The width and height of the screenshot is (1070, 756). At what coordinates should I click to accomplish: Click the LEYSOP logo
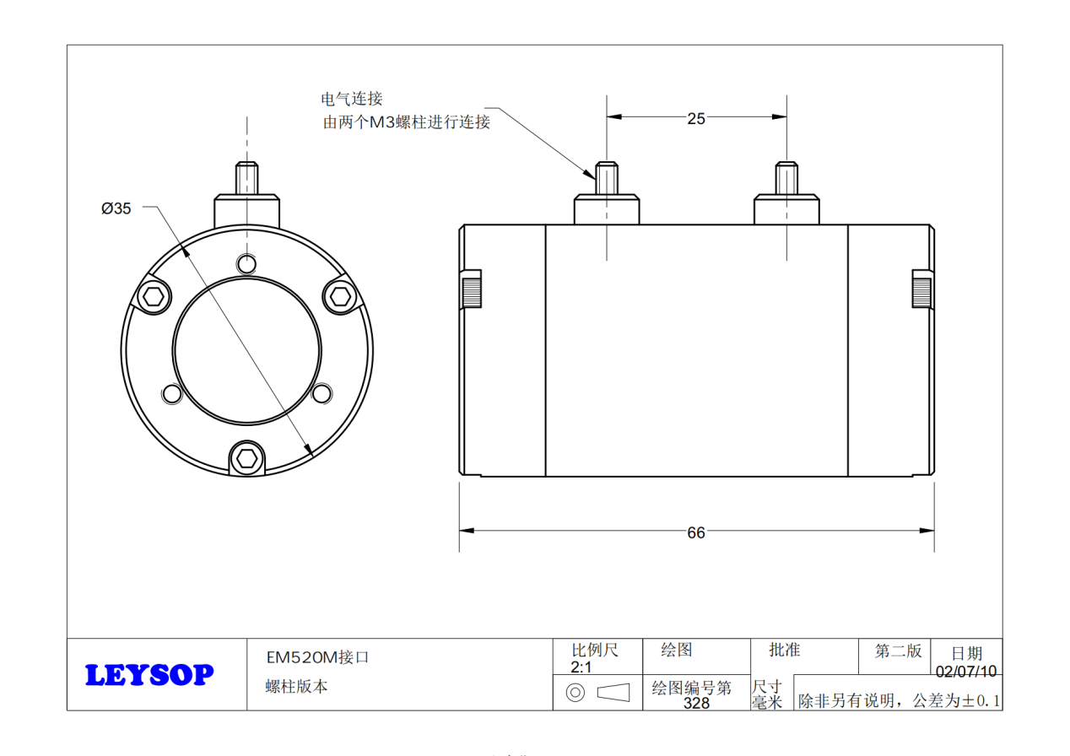coord(149,675)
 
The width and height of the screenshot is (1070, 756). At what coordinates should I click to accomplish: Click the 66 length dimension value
coord(695,532)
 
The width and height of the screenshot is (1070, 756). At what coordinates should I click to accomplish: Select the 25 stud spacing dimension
coord(695,119)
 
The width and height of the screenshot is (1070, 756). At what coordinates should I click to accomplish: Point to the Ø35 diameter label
coord(116,208)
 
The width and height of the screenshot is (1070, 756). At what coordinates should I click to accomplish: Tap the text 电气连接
coord(352,100)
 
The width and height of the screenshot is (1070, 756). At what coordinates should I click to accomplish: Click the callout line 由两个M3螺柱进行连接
coord(406,122)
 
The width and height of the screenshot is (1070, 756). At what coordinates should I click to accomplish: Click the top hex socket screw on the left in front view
coord(154,296)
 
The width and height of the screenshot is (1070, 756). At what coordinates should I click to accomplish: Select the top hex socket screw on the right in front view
coord(340,295)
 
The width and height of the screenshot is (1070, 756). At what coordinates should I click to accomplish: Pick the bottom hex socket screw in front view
coord(246,458)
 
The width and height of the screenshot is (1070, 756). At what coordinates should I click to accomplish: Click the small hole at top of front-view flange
coord(246,263)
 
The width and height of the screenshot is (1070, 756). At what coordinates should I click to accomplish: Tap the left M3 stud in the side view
coord(607,178)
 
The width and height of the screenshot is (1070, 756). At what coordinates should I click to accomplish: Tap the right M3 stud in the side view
coord(786,178)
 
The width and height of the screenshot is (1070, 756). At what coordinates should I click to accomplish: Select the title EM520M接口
coord(318,657)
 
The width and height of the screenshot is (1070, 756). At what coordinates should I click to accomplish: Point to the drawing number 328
coord(696,703)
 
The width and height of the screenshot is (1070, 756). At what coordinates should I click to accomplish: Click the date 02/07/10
coord(966,672)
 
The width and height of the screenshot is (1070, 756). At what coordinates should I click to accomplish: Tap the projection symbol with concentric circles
coord(576,693)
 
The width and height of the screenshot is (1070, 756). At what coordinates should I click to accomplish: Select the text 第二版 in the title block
coord(898,651)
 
